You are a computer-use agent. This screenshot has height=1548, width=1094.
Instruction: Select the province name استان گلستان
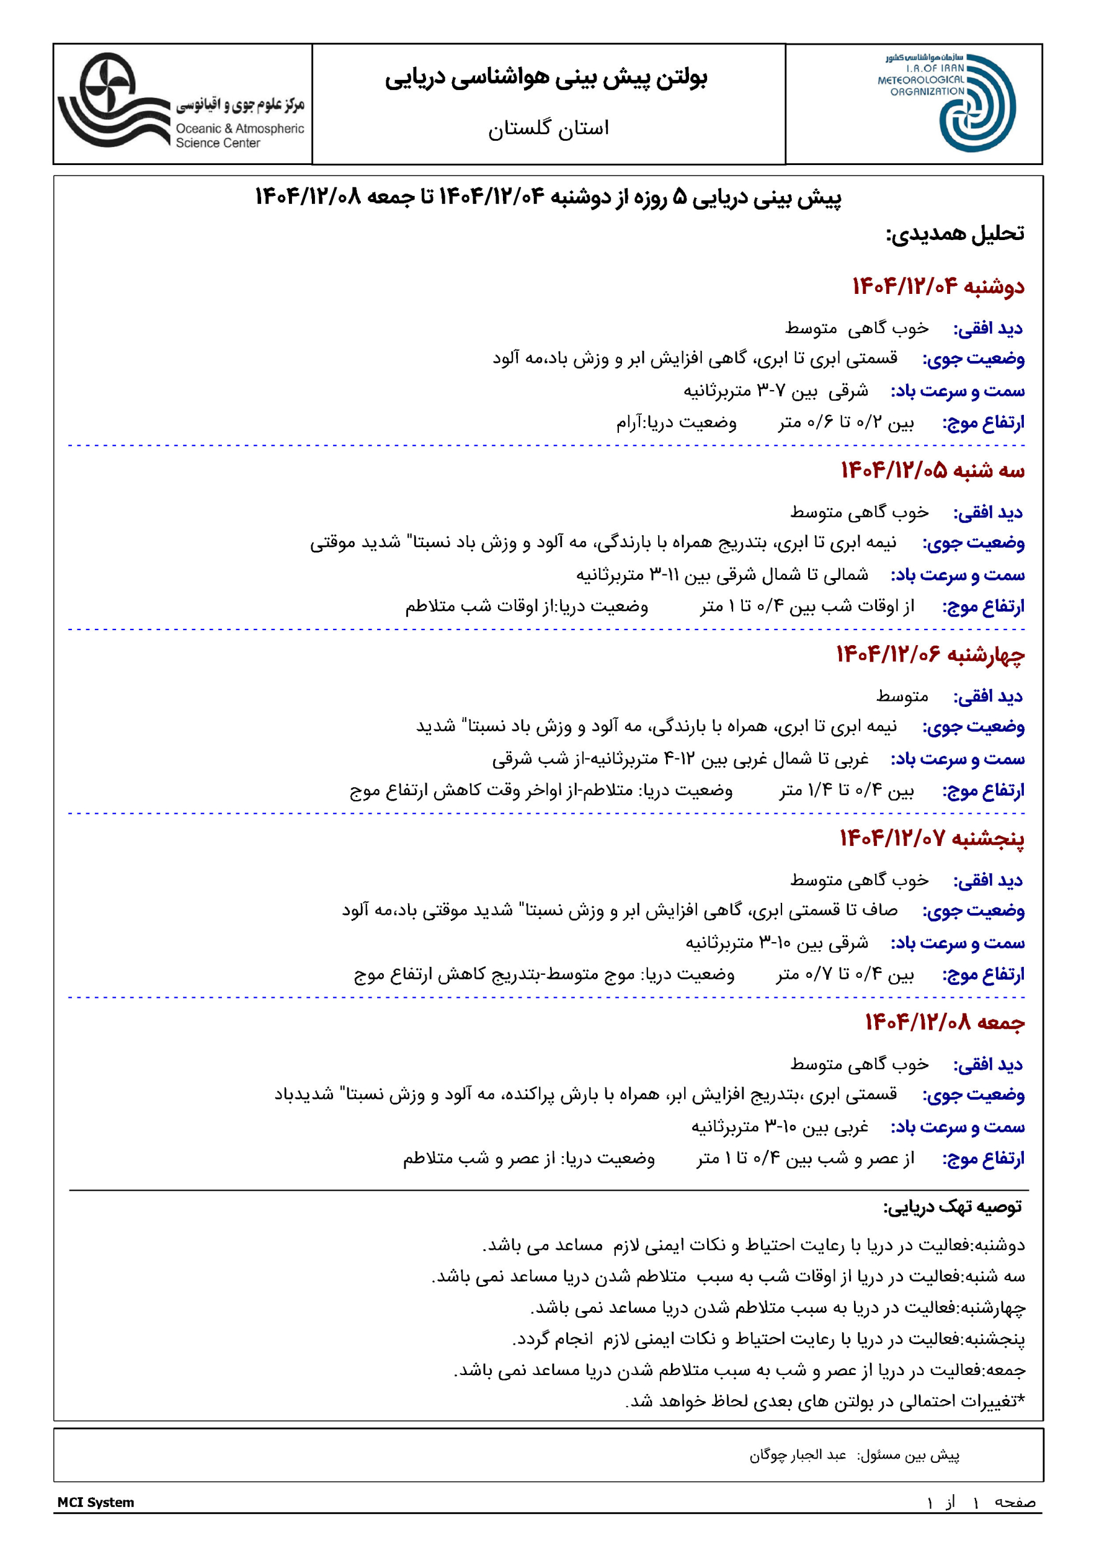548,128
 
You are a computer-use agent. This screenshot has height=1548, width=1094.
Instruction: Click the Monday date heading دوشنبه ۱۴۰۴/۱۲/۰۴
937,287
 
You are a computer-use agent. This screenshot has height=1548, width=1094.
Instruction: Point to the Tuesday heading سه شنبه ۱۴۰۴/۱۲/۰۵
932,470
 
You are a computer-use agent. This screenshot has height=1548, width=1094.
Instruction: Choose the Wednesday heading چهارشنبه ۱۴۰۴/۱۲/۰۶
930,655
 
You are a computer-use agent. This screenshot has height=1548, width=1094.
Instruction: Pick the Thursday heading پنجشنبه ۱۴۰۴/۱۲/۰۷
931,839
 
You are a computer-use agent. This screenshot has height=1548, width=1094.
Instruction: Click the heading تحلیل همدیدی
954,234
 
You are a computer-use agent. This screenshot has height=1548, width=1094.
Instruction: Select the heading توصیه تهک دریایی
953,1207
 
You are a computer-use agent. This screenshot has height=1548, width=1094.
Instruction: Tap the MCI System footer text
95,1502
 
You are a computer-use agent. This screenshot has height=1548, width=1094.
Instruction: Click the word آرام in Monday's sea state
628,423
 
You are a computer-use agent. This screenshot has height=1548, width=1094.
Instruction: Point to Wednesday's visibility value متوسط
902,697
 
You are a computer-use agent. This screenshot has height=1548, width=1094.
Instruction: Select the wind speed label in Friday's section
957,1127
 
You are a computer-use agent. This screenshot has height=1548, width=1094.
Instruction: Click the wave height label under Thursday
983,975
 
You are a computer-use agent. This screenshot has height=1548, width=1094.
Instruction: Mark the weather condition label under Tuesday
973,544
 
